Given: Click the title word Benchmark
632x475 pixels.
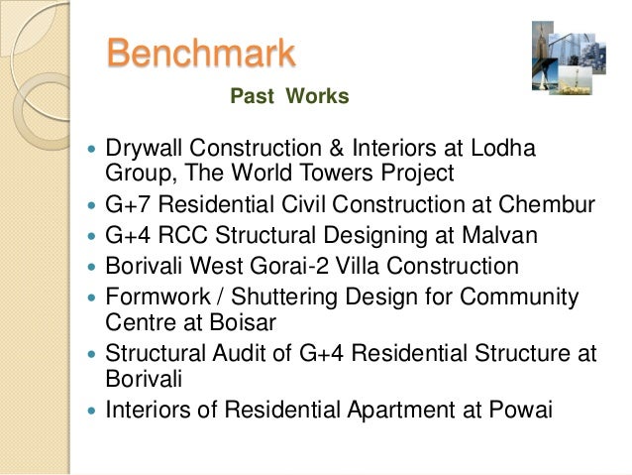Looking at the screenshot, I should [201, 53].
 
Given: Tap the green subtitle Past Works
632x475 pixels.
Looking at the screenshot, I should [289, 96].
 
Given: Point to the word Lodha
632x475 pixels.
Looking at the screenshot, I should [502, 149].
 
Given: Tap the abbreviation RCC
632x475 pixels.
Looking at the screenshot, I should [194, 236].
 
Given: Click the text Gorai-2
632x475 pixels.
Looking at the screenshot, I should [289, 266].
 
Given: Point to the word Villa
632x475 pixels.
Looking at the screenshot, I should [356, 266].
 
